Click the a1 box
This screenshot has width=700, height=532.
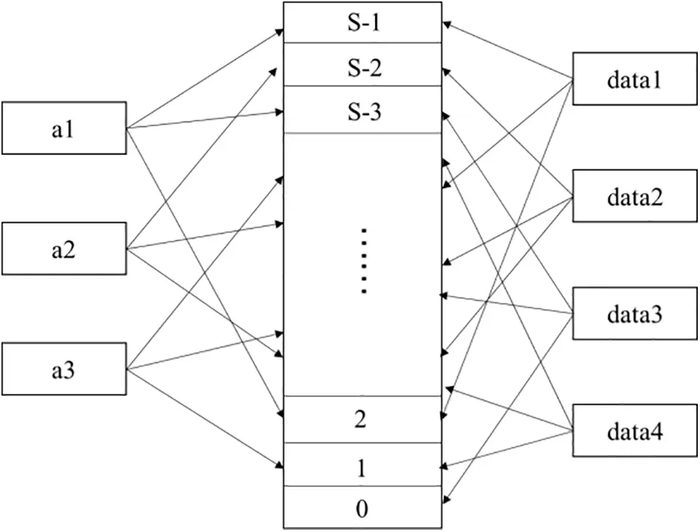[64, 129]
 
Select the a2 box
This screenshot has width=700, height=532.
[64, 250]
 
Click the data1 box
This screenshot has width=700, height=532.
[634, 78]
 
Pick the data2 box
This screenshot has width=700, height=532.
[634, 196]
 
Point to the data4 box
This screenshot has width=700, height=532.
[634, 432]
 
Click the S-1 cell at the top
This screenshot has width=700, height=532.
[363, 23]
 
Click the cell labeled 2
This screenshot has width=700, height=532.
[363, 420]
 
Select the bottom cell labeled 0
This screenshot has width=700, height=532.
[363, 506]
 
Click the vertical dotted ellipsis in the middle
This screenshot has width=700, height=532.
[363, 261]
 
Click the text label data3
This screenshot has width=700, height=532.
[634, 315]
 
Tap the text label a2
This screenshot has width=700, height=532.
[64, 250]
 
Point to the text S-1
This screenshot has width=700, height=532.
[363, 23]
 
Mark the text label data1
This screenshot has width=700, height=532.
[634, 79]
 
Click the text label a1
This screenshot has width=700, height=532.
[64, 130]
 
